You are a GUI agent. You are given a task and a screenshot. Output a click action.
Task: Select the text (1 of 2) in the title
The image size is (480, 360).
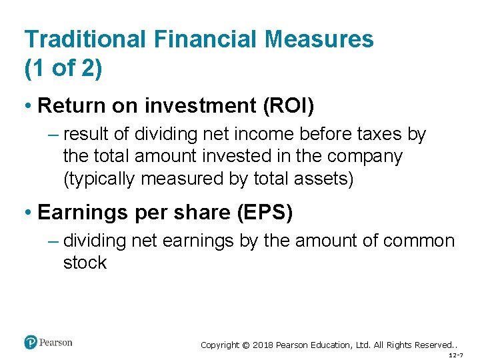point(63,69)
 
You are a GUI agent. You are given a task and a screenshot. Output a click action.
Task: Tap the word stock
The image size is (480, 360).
point(85,263)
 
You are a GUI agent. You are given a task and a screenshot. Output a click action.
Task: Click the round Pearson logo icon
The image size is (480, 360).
point(31,343)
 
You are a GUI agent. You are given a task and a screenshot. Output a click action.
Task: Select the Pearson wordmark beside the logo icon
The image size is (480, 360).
point(55,343)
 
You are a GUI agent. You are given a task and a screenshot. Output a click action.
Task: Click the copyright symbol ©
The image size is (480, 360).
point(245,345)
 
